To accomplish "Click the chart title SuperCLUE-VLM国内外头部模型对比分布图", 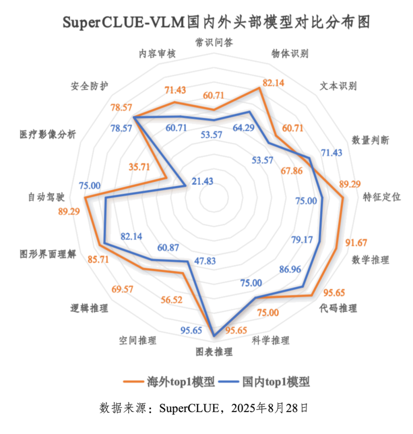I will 216,22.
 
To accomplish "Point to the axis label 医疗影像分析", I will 48,134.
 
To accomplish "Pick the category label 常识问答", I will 214,42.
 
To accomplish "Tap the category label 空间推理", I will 137,340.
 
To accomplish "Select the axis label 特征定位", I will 382,197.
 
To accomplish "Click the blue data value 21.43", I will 202,181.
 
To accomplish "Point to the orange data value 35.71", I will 139,166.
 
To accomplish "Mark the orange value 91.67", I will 356,243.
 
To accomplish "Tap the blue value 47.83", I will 205,261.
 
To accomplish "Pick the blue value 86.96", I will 290,269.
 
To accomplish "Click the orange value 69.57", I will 122,289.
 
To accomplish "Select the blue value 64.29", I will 244,127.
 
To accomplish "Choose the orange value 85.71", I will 98,259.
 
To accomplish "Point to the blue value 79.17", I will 302,240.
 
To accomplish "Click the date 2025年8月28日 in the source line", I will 270,408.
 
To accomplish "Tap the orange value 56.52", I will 171,300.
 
